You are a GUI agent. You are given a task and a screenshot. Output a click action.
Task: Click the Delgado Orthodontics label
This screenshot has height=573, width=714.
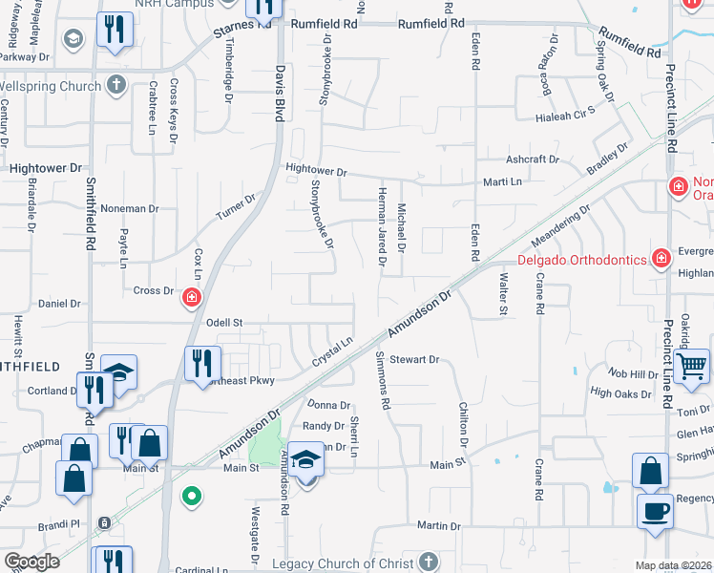(581, 260)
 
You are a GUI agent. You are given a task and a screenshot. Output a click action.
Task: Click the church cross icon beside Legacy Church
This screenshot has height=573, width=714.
(430, 561)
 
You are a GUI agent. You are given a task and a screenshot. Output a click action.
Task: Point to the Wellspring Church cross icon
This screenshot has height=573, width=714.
(115, 86)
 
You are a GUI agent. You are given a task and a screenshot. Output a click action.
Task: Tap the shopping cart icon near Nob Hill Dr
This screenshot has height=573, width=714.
(691, 366)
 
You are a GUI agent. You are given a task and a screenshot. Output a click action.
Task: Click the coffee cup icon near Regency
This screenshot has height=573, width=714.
(655, 511)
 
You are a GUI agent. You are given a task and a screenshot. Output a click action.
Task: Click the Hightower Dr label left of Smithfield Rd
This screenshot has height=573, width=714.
(46, 168)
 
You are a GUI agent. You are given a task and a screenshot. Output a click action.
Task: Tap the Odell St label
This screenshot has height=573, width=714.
(226, 324)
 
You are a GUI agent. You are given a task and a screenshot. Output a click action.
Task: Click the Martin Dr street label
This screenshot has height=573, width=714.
(439, 525)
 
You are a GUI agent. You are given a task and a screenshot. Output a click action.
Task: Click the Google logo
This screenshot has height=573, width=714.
(31, 562)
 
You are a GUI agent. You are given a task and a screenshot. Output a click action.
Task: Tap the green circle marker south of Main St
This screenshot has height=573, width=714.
(192, 496)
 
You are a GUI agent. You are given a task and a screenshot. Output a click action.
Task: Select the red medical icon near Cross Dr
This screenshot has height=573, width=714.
(192, 299)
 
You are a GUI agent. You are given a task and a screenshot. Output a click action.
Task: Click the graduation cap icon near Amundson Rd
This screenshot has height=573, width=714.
(307, 463)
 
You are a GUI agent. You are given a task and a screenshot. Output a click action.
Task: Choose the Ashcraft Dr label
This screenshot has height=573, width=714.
(532, 159)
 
